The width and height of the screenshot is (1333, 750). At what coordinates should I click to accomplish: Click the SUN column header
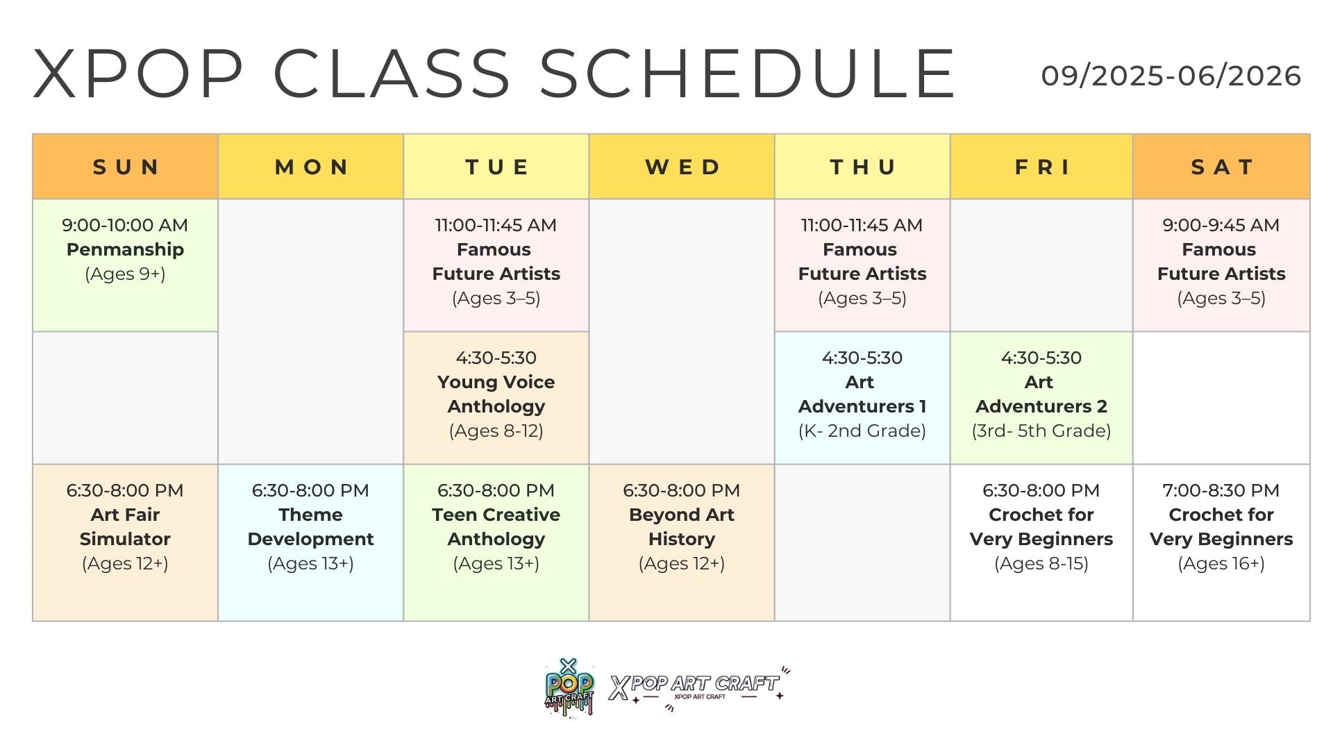click(x=126, y=167)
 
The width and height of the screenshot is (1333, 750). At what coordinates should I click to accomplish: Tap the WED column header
click(x=682, y=167)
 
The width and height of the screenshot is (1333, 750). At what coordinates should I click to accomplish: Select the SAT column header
click(x=1222, y=167)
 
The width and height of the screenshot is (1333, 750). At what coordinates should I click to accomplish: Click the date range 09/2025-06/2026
click(x=1171, y=76)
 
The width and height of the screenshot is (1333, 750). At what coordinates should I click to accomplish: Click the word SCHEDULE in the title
click(x=748, y=74)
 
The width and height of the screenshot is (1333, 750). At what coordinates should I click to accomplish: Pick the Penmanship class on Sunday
click(x=126, y=265)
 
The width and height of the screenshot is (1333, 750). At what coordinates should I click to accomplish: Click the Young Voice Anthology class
click(x=496, y=398)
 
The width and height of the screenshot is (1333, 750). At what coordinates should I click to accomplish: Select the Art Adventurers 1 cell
click(x=862, y=398)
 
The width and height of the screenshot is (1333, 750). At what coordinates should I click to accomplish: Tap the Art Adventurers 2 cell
click(x=1041, y=398)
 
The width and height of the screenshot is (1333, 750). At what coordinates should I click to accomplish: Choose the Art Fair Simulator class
click(x=126, y=542)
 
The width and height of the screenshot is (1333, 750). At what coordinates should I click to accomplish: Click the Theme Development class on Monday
click(x=311, y=542)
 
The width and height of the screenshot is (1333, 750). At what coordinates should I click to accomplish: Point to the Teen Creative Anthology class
click(x=496, y=542)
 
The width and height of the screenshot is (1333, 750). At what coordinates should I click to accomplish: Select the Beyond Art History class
click(x=682, y=542)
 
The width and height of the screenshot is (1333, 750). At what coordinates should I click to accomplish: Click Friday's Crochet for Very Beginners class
click(x=1041, y=542)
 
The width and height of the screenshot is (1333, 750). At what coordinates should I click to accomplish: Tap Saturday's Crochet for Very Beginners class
click(x=1222, y=542)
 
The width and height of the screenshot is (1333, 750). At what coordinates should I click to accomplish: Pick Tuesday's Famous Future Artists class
click(x=496, y=265)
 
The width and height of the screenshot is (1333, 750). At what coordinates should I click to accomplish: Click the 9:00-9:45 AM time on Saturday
click(x=1221, y=225)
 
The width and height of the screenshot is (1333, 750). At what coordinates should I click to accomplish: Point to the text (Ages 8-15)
click(x=1041, y=563)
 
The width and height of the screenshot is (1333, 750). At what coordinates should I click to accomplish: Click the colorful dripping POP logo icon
click(x=569, y=687)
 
